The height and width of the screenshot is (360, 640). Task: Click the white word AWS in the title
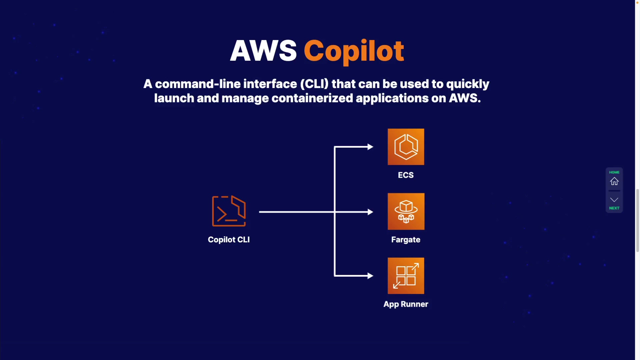[263, 51]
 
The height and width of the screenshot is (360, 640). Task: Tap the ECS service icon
[406, 147]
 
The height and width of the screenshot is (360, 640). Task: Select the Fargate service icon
[406, 211]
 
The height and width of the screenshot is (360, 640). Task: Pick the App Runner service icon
[406, 276]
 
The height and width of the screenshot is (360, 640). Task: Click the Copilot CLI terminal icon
[229, 211]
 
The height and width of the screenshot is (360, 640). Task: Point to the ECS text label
[406, 175]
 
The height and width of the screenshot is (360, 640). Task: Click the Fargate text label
[406, 240]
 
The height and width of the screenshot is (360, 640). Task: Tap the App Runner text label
[406, 304]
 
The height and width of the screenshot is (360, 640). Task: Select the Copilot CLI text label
[229, 240]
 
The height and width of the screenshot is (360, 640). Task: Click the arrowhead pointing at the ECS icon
[370, 147]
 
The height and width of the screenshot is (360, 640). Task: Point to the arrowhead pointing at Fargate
[370, 212]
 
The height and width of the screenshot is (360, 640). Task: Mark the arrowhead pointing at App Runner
[370, 276]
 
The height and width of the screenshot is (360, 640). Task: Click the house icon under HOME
[614, 181]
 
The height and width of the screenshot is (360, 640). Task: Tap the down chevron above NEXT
[614, 200]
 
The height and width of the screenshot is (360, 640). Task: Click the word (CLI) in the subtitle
[314, 84]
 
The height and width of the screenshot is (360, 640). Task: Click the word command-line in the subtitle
[198, 84]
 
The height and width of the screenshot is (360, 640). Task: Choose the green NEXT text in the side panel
[614, 208]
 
